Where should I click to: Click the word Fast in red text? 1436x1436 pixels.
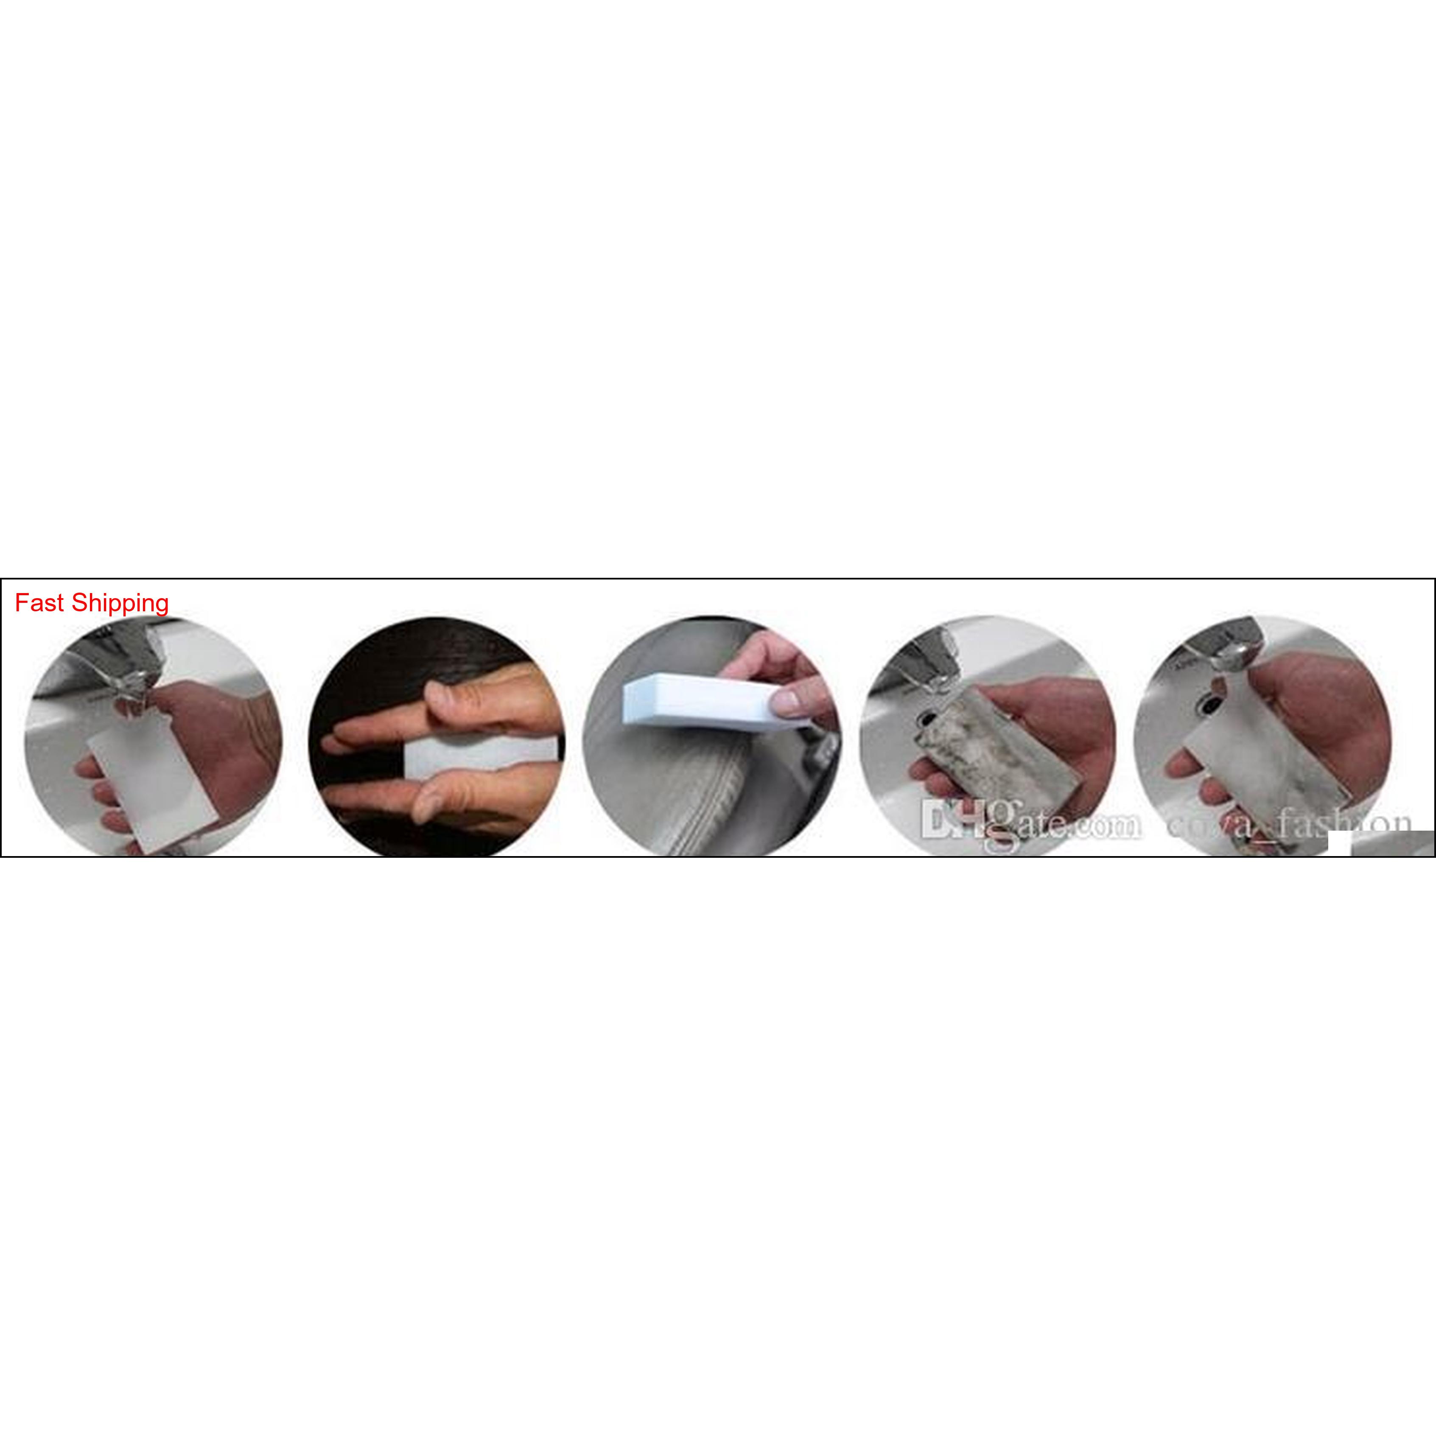(x=39, y=603)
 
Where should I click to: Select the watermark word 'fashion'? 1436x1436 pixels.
(x=1338, y=823)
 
